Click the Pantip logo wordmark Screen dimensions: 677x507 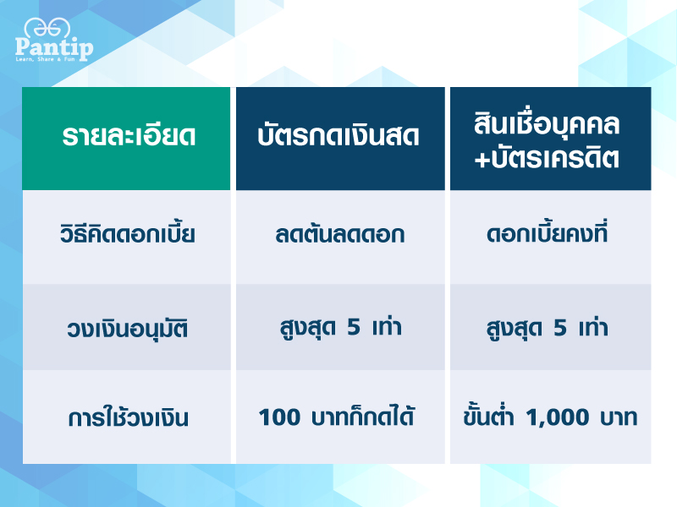click(x=54, y=47)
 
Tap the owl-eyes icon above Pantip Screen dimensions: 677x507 click(x=47, y=29)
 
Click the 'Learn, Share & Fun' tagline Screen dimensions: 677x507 click(x=46, y=59)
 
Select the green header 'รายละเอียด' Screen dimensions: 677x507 click(x=129, y=135)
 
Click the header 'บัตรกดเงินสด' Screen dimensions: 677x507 click(x=338, y=135)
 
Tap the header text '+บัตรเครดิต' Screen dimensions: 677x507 click(x=547, y=157)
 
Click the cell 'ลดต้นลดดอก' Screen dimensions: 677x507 click(x=340, y=234)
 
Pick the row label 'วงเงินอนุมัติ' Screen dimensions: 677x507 click(x=128, y=329)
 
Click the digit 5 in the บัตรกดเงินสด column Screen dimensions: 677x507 click(x=354, y=327)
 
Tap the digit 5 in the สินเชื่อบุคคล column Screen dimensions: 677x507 click(x=560, y=328)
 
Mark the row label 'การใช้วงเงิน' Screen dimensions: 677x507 click(x=129, y=417)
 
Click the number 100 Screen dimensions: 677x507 click(x=279, y=417)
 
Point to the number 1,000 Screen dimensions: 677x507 click(x=558, y=417)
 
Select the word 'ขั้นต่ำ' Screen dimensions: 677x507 click(x=488, y=415)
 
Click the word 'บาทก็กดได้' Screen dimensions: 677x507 click(x=363, y=416)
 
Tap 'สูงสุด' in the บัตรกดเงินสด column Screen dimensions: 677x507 click(x=307, y=328)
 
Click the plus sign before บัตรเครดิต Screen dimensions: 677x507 click(x=482, y=159)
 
